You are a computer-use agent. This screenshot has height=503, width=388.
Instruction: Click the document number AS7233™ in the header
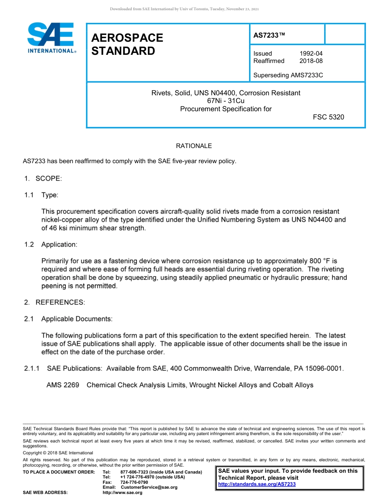click(x=269, y=36)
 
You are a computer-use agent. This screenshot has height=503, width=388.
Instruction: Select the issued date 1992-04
click(x=311, y=54)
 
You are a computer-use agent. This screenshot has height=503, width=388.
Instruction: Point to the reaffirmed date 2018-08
click(x=311, y=61)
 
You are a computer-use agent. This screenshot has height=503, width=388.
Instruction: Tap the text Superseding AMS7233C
click(x=288, y=75)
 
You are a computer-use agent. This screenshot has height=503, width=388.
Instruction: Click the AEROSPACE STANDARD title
click(x=127, y=44)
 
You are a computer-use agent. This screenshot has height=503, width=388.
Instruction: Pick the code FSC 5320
click(x=328, y=117)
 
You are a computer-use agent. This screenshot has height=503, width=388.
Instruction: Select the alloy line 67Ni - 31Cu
click(x=226, y=101)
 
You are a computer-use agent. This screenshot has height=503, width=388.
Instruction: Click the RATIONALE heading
click(x=194, y=146)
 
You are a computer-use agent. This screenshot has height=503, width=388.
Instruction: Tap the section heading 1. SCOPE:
click(x=42, y=179)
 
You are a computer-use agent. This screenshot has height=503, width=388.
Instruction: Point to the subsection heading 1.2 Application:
click(x=51, y=245)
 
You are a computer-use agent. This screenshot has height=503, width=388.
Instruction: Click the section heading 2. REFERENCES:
click(x=54, y=302)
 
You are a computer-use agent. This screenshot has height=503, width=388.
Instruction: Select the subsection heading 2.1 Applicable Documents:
click(x=68, y=319)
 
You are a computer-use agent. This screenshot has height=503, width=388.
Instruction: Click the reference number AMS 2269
click(x=62, y=385)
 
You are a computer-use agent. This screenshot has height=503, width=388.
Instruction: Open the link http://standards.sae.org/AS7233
click(x=257, y=484)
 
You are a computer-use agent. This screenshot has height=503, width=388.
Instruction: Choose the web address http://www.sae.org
click(x=122, y=492)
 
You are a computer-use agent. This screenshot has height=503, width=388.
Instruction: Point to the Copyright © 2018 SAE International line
click(x=58, y=453)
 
